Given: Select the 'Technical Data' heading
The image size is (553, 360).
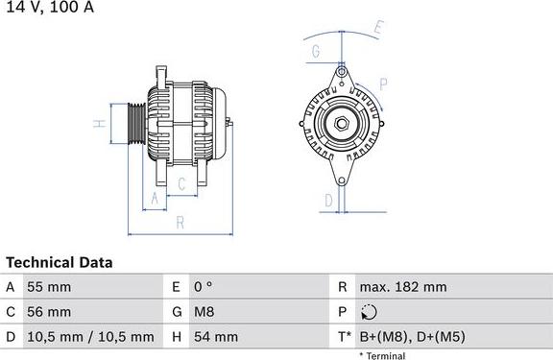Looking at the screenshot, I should pos(60,262).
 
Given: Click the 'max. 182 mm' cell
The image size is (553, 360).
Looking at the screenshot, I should pos(402,287).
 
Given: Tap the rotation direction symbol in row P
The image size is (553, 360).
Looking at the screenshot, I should pos(371,312).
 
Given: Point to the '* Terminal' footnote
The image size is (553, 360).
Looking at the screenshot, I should pos(382,355).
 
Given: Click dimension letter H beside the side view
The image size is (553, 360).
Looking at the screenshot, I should pos(98,124).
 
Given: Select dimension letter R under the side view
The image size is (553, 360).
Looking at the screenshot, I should pos(180,223).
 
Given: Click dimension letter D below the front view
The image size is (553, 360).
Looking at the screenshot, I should pos(327,200).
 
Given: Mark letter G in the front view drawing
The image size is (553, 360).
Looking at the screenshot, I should pos(315,50).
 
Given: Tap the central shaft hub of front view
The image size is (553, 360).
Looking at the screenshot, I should pos(341,123).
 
